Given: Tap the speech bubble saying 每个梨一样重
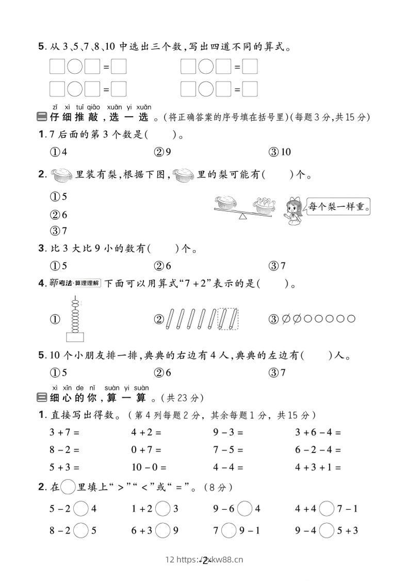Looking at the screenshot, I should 338,207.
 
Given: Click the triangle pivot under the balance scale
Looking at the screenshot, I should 242,216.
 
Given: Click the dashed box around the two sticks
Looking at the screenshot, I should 227,318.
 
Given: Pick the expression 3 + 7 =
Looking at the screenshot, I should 64,432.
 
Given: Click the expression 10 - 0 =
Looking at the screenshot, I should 149,467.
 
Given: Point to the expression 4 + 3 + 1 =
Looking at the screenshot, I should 318,467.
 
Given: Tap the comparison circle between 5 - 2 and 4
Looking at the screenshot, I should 81,509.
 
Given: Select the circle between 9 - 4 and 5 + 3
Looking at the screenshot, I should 326,530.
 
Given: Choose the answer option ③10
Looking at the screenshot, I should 280,152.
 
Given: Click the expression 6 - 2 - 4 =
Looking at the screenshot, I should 318,450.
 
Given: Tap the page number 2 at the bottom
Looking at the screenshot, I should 205,560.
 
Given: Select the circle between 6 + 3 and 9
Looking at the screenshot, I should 162,530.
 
